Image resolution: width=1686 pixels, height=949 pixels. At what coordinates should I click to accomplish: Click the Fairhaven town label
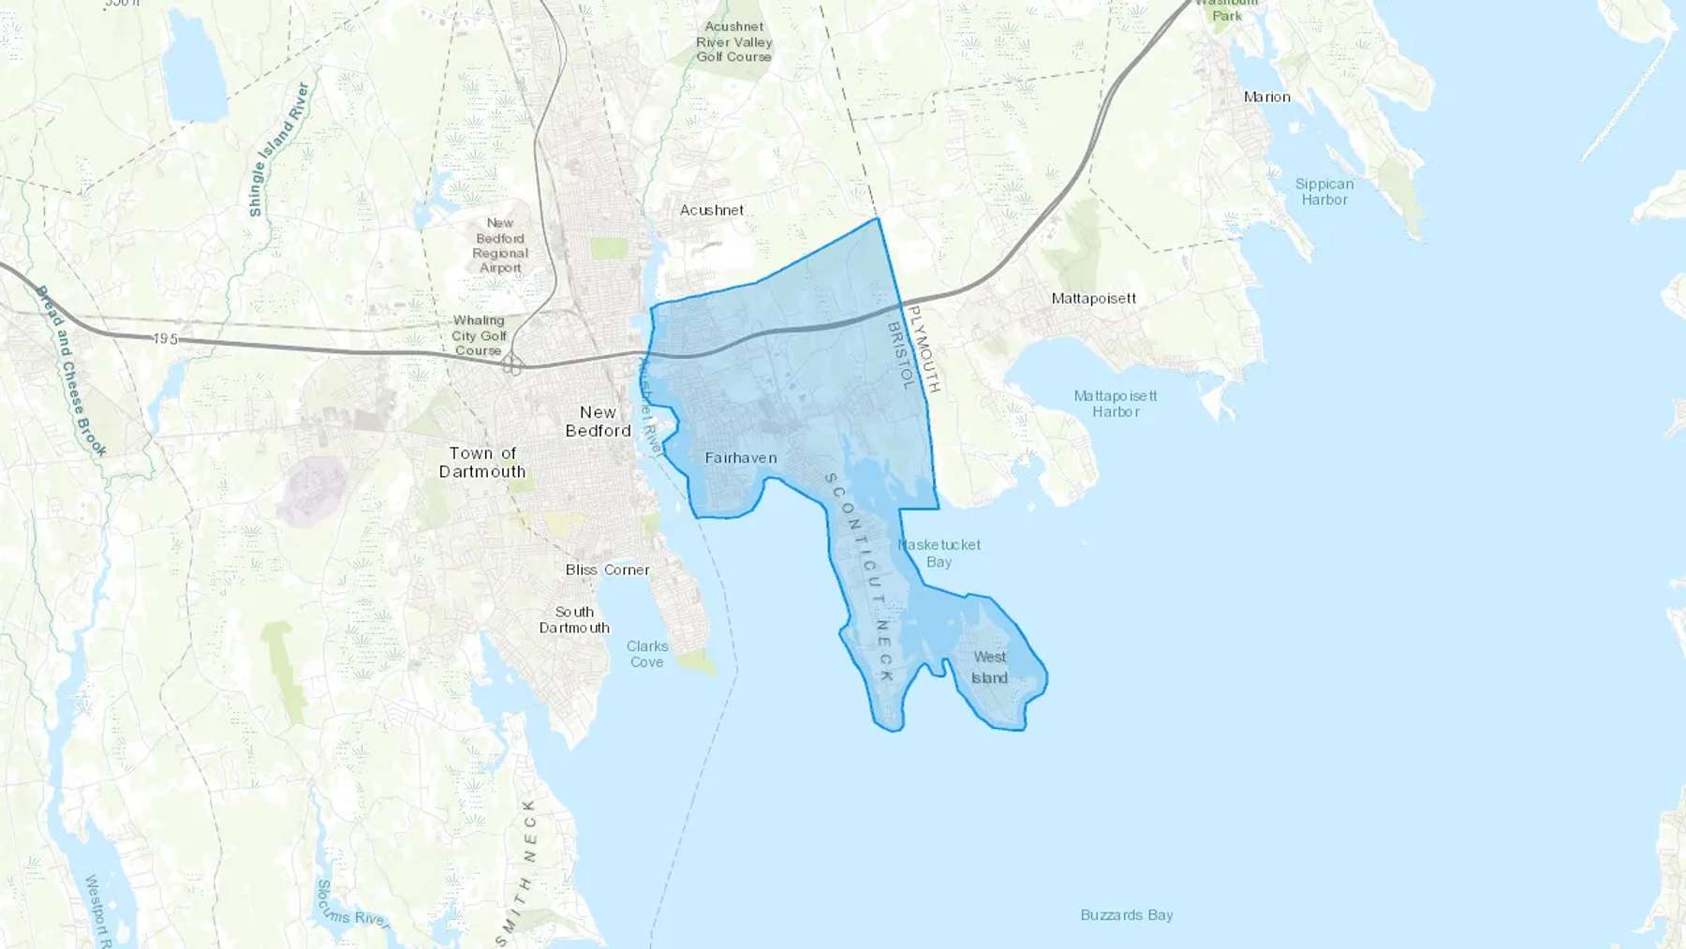[741, 458]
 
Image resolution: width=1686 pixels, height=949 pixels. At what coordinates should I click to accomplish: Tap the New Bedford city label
[599, 422]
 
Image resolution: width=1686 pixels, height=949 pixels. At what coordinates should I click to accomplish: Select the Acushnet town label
[712, 210]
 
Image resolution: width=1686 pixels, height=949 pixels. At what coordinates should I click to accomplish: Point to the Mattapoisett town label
[1094, 299]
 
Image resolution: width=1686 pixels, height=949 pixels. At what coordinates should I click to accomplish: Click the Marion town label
[1266, 97]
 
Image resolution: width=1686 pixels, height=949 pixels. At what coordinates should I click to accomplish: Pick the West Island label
[989, 668]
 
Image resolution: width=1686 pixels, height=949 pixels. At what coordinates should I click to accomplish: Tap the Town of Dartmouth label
[482, 463]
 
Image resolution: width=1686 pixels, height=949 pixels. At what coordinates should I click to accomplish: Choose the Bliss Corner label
[607, 570]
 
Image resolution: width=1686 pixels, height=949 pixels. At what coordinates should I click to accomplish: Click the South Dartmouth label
[574, 620]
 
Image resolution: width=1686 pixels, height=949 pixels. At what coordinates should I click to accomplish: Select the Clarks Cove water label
[647, 654]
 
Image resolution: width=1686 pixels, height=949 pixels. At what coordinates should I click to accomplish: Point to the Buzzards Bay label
[1127, 915]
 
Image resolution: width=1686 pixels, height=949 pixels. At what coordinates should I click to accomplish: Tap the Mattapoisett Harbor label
[1116, 404]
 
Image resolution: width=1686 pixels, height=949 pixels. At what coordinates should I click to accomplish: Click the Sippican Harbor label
[1324, 192]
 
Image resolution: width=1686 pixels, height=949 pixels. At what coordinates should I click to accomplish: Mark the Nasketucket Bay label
[939, 553]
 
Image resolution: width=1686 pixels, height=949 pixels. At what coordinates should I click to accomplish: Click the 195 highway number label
[165, 339]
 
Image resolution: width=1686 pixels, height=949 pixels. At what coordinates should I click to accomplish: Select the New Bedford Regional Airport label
[500, 245]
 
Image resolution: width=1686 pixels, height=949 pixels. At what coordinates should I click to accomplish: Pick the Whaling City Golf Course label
[480, 335]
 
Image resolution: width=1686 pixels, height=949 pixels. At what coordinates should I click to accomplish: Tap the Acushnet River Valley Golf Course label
[734, 42]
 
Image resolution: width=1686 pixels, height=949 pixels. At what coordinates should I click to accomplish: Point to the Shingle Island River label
[278, 150]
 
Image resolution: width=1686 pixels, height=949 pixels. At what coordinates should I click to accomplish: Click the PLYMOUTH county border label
[924, 348]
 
